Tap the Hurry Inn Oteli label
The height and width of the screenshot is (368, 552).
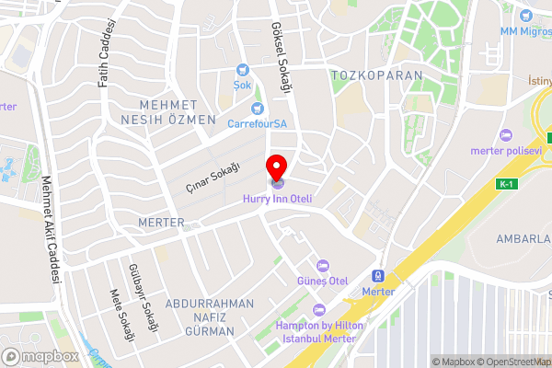pyautogui.click(x=278, y=198)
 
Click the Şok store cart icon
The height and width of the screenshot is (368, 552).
pyautogui.click(x=243, y=68)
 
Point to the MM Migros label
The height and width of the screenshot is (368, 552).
pyautogui.click(x=525, y=31)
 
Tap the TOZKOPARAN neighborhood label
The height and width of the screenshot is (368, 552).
pyautogui.click(x=376, y=75)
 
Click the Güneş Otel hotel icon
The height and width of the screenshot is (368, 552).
pyautogui.click(x=322, y=265)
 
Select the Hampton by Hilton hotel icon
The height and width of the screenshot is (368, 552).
pyautogui.click(x=319, y=310)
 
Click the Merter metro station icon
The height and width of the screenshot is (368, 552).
pyautogui.click(x=377, y=276)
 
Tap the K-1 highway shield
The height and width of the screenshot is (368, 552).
pyautogui.click(x=505, y=185)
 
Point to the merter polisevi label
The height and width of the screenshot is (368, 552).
pyautogui.click(x=505, y=151)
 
